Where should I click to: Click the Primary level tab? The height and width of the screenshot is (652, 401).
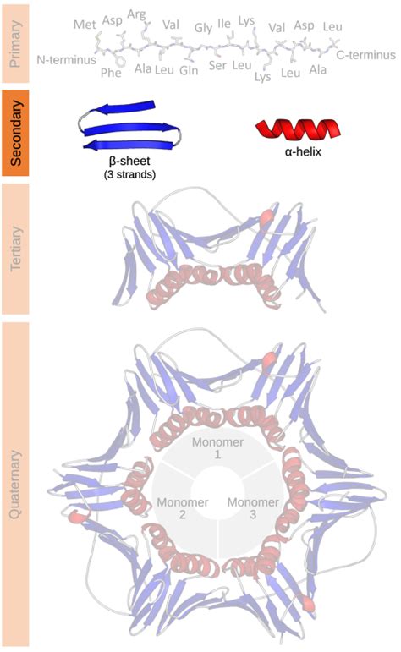(x=15, y=44)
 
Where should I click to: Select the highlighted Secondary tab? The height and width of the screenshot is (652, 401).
(x=15, y=133)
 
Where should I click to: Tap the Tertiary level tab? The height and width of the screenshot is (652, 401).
(x=15, y=249)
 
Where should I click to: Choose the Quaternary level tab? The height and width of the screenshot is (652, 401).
(x=15, y=484)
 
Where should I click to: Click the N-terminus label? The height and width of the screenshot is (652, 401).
(x=67, y=60)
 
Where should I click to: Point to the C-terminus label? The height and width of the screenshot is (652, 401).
(x=366, y=55)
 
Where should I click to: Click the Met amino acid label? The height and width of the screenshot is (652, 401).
(x=85, y=25)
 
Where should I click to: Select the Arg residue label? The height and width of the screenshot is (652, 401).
(x=136, y=15)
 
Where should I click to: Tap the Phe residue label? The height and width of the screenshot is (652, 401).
(x=111, y=73)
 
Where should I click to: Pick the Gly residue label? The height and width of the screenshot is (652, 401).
(x=203, y=28)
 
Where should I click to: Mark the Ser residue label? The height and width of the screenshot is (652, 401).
(x=217, y=65)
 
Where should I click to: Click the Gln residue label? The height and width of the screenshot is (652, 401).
(x=189, y=70)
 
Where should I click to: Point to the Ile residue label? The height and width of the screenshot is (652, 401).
(x=224, y=24)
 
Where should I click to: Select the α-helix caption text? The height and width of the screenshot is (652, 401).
(x=303, y=151)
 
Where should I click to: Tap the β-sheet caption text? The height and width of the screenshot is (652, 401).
(x=129, y=161)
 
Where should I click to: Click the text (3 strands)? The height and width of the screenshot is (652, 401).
(x=129, y=174)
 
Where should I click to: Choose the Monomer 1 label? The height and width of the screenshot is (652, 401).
(x=217, y=448)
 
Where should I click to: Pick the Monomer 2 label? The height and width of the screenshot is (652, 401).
(x=182, y=508)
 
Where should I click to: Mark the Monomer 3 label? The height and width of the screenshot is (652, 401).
(x=253, y=508)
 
